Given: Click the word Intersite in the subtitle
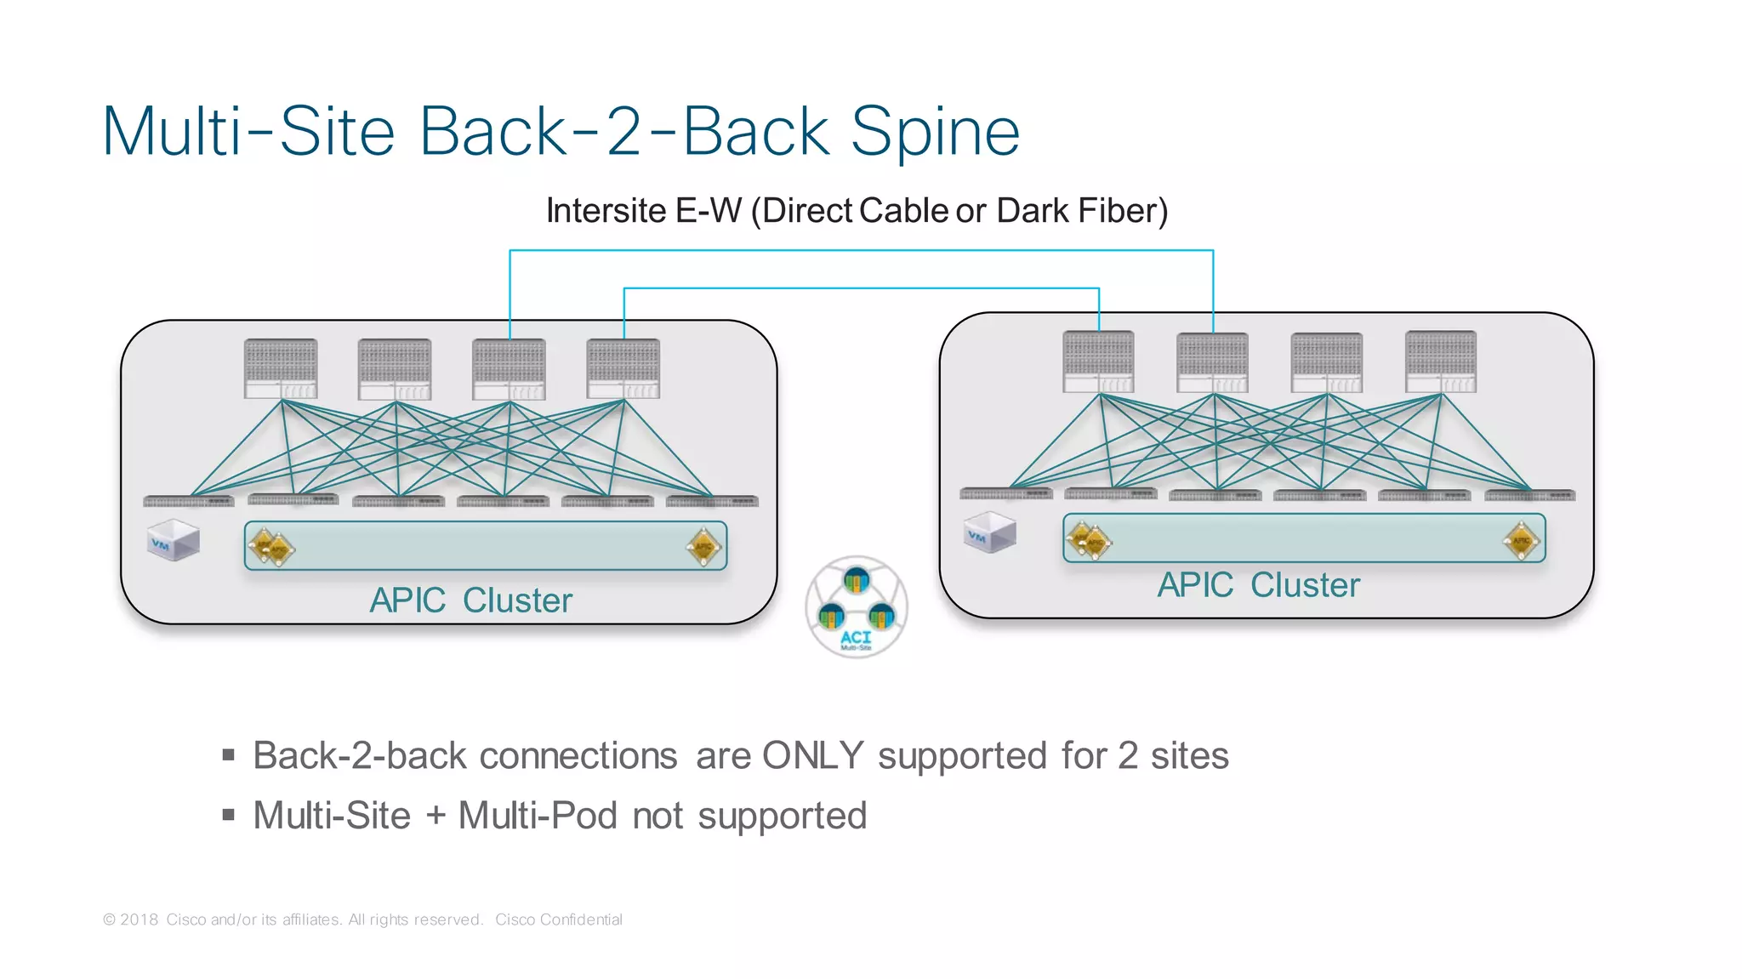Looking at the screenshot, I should tap(606, 211).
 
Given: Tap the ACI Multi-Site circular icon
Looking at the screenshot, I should tap(857, 606).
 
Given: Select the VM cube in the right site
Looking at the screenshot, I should tap(990, 532).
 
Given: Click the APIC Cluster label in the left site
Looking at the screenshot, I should tap(470, 600).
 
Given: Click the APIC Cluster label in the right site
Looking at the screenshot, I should tap(1258, 585).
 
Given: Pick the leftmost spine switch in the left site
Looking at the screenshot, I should tap(281, 368).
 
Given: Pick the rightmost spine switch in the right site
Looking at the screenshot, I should tap(1441, 361).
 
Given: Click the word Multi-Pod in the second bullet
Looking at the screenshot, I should tap(537, 816).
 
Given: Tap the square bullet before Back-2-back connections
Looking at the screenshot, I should tap(228, 754).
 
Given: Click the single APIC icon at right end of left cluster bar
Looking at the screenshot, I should tap(703, 546).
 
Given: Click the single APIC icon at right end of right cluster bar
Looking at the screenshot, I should tap(1521, 539).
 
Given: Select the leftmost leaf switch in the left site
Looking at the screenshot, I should tap(188, 501).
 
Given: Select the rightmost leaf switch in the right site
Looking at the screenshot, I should tap(1529, 495).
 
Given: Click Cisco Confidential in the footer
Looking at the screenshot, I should tap(558, 919).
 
